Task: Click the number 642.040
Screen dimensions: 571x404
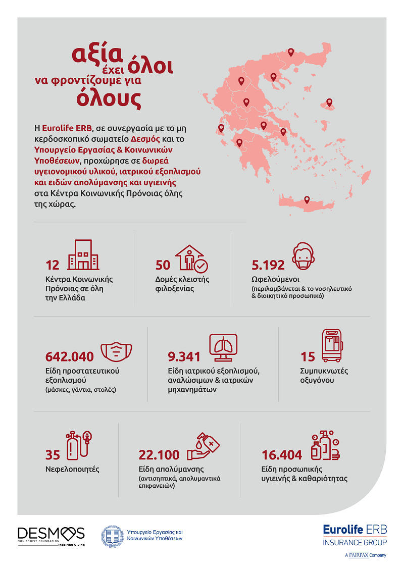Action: pos(69,356)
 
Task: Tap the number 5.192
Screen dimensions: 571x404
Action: pos(268,265)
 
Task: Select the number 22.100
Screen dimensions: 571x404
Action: pos(159,455)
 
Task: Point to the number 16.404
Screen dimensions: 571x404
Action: pos(282,455)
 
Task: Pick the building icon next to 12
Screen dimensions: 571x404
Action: pos(83,255)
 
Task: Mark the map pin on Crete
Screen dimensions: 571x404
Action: pos(307,200)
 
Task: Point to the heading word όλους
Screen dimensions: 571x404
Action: pos(109,98)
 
